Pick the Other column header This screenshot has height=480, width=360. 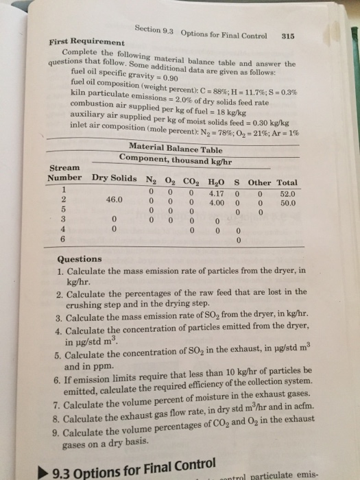260,182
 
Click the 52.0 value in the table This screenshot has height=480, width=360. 288,193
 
